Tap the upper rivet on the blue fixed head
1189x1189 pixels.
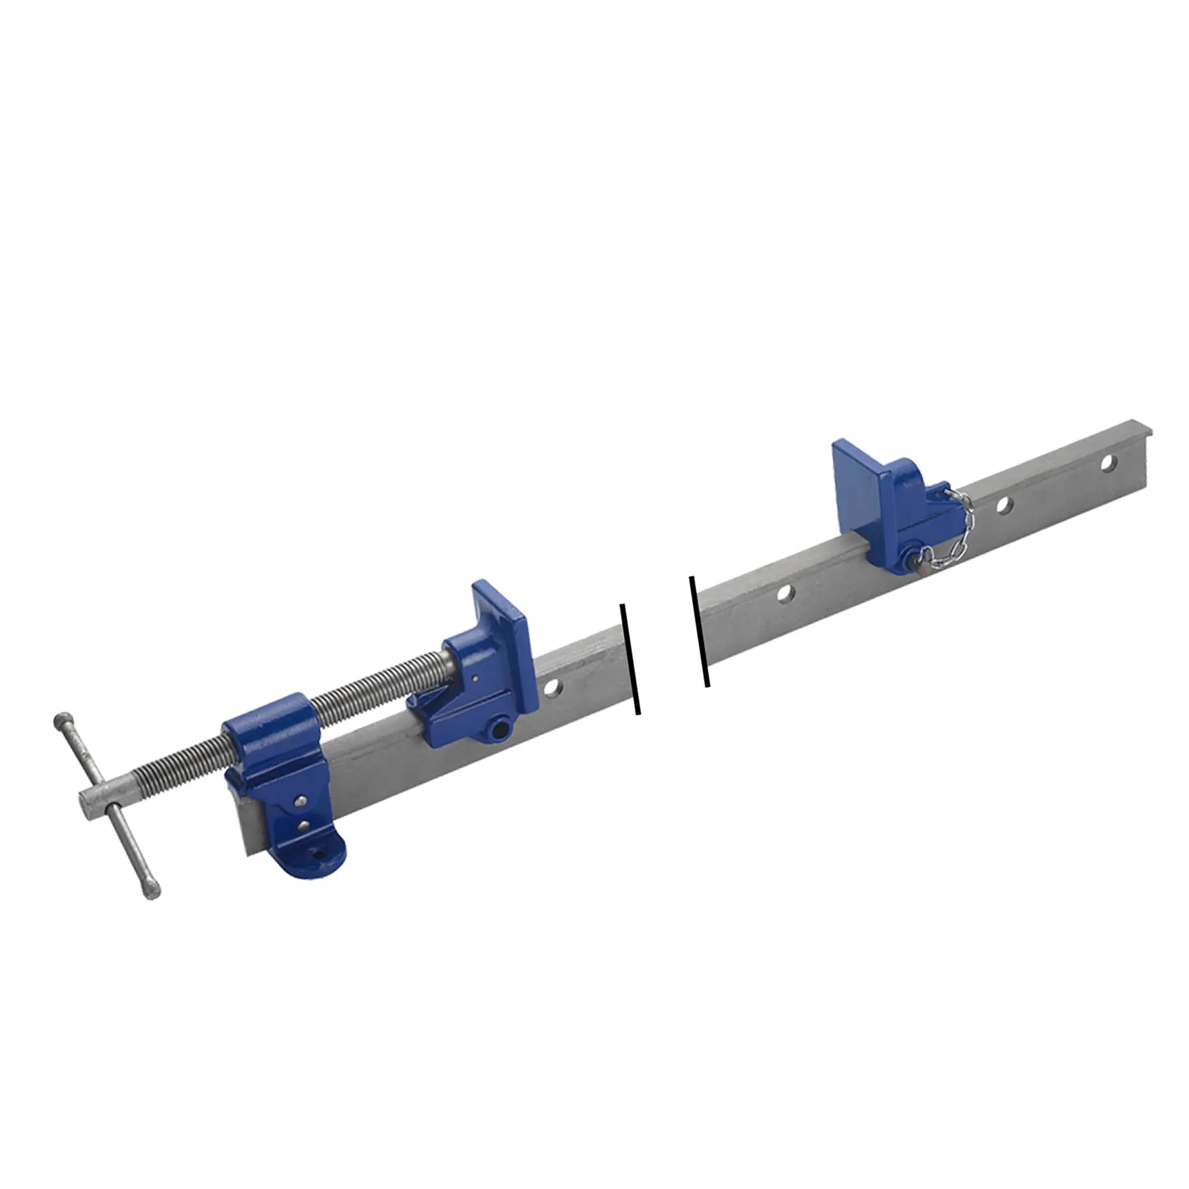click(301, 800)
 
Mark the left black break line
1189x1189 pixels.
click(631, 659)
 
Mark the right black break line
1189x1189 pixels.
click(700, 631)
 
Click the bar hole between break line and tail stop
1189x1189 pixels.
click(785, 593)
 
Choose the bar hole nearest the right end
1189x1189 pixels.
click(1108, 462)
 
